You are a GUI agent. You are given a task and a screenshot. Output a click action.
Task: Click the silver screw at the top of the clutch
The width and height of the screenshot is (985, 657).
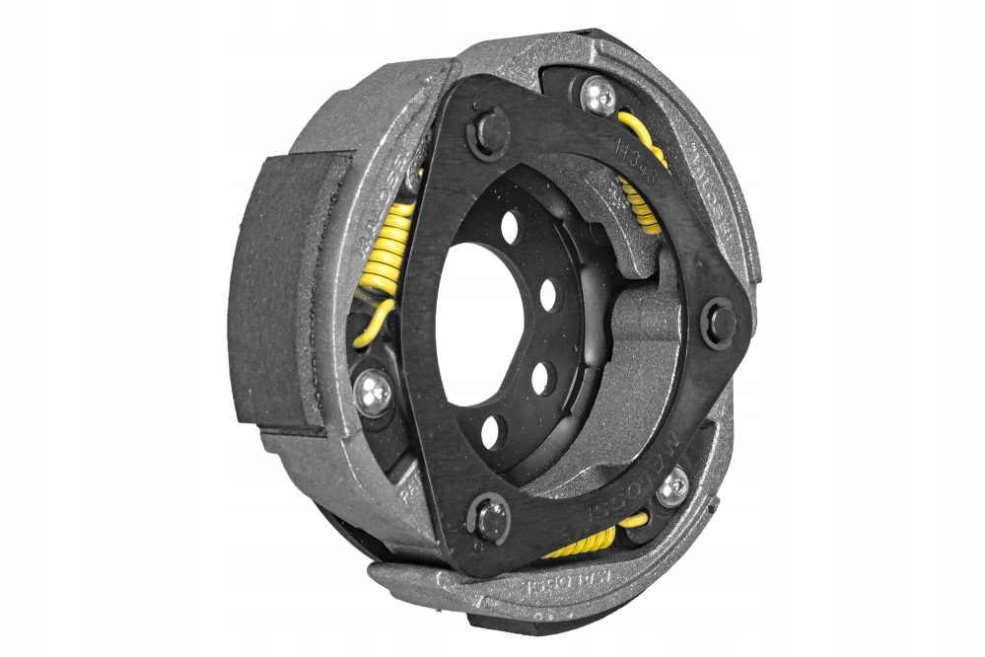(598, 96)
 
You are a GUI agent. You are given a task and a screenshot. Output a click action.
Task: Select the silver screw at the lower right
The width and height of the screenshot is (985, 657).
(673, 486)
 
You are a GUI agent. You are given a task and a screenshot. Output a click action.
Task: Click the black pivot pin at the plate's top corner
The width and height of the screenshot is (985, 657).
(490, 133)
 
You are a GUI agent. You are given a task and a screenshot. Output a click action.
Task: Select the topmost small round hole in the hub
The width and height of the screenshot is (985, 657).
(510, 228)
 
